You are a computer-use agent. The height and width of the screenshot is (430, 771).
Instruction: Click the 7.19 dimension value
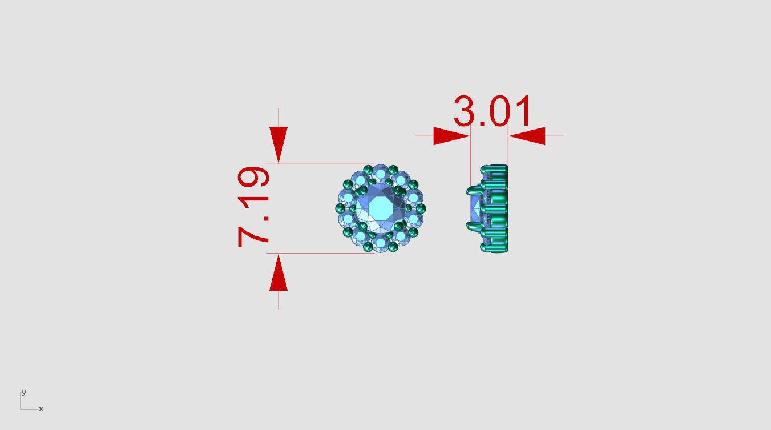click(253, 207)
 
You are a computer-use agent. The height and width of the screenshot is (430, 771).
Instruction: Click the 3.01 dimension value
click(492, 111)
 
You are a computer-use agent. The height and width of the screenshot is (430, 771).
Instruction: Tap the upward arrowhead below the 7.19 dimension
click(278, 272)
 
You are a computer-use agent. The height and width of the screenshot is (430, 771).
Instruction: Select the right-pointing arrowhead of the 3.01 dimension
click(451, 136)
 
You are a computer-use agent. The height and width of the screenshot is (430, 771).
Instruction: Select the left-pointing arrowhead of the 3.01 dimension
click(527, 136)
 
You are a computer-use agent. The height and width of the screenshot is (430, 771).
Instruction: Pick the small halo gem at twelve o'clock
click(380, 173)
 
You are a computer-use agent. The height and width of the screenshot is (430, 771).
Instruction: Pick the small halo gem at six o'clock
click(380, 244)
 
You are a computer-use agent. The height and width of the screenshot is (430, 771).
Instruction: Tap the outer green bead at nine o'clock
click(340, 208)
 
